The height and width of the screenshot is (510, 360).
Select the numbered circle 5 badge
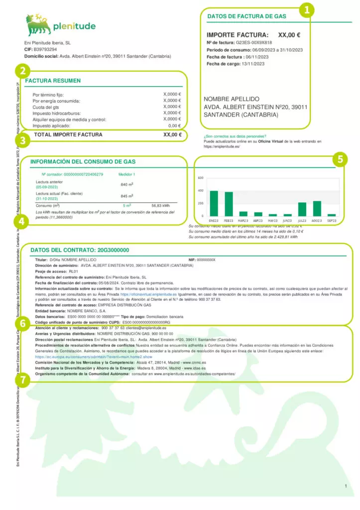pyautogui.click(x=340, y=159)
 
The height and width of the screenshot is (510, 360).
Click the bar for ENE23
pyautogui.click(x=214, y=203)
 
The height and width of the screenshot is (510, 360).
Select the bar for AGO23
pyautogui.click(x=317, y=208)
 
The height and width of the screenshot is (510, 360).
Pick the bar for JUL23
pyautogui.click(x=302, y=209)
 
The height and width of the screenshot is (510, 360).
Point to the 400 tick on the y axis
pyautogui.click(x=200, y=191)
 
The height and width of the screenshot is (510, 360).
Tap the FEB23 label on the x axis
pyautogui.click(x=229, y=220)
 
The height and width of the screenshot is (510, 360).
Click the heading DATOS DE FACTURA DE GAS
pyautogui.click(x=246, y=16)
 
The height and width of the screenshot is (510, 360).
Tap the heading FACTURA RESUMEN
pyautogui.click(x=53, y=81)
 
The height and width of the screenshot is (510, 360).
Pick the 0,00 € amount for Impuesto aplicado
pyautogui.click(x=174, y=126)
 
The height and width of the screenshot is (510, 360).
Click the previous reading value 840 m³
pyautogui.click(x=127, y=184)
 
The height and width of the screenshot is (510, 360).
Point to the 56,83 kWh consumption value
pyautogui.click(x=160, y=205)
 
